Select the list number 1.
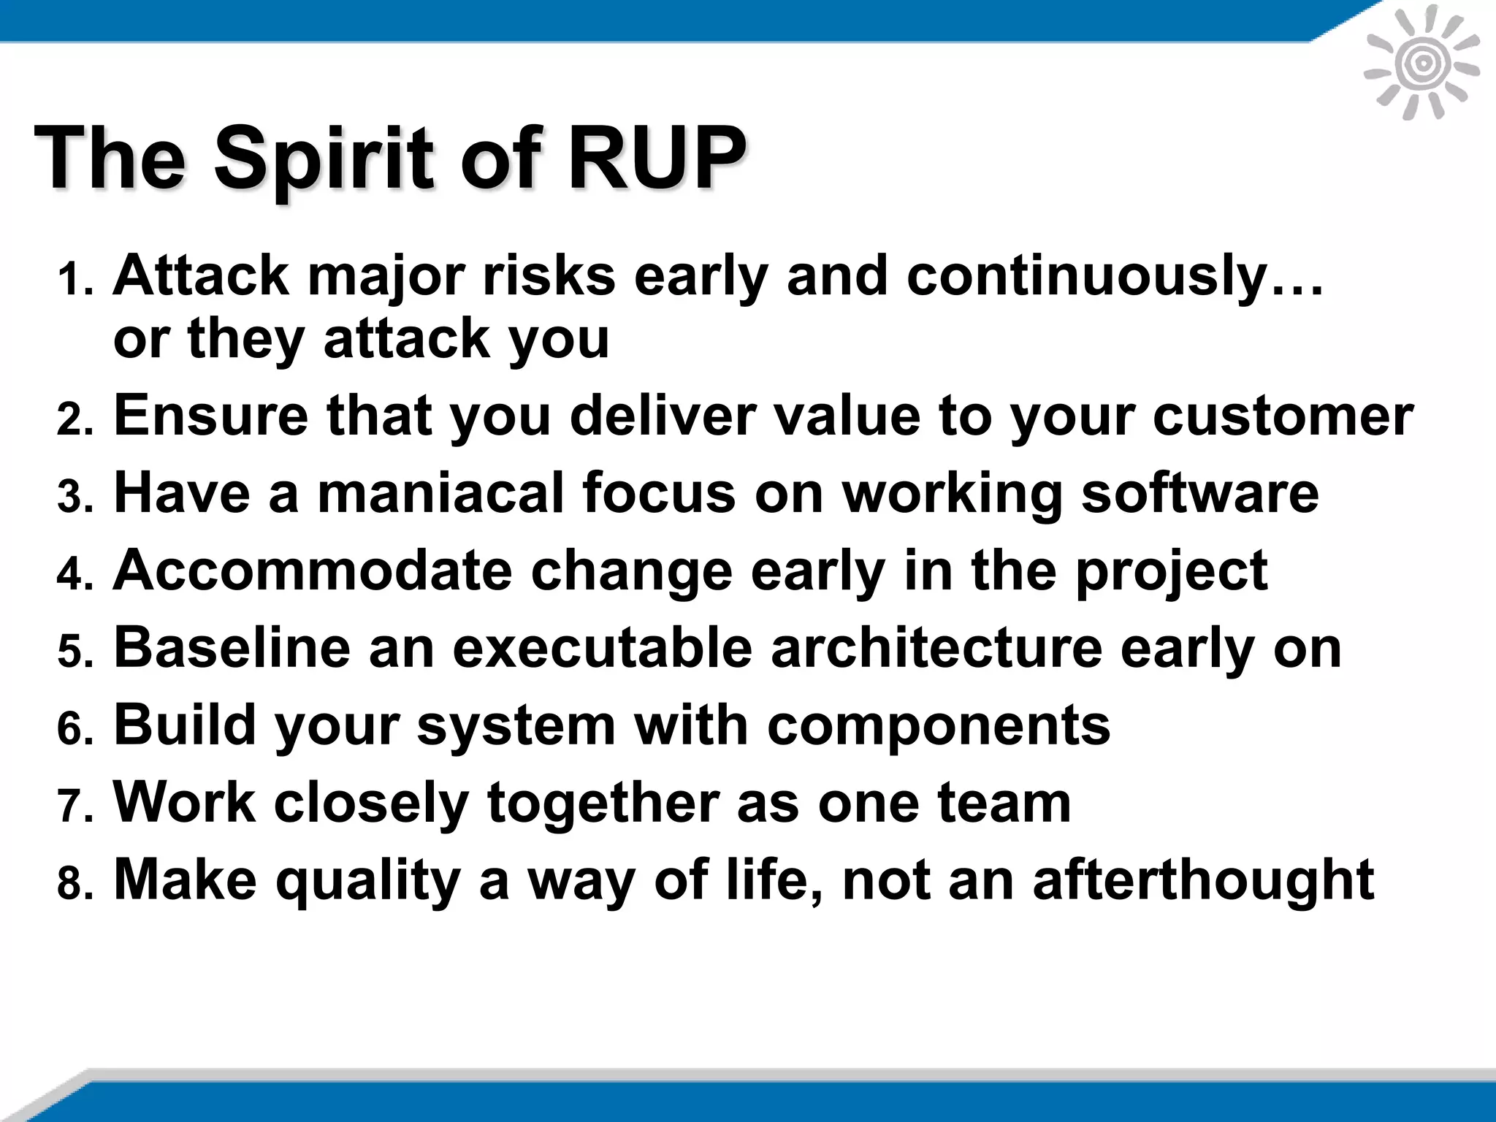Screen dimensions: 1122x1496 click(x=75, y=281)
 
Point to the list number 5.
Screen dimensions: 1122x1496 click(x=75, y=652)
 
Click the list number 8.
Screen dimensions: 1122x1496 click(x=75, y=884)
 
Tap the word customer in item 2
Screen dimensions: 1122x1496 click(x=1283, y=416)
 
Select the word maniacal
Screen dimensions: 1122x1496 click(x=440, y=493)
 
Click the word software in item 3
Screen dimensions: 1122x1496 click(x=1199, y=493)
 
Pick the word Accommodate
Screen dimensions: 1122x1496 click(x=313, y=570)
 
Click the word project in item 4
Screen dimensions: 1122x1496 click(x=1172, y=572)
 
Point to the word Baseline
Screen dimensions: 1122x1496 click(x=232, y=648)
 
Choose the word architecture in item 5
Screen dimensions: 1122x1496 click(x=936, y=648)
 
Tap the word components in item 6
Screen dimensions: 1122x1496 click(x=939, y=727)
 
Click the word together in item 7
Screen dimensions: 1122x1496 click(x=603, y=804)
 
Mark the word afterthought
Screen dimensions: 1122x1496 click(x=1203, y=880)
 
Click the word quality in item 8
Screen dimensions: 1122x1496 click(x=367, y=882)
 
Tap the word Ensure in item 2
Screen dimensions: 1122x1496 click(x=211, y=416)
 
